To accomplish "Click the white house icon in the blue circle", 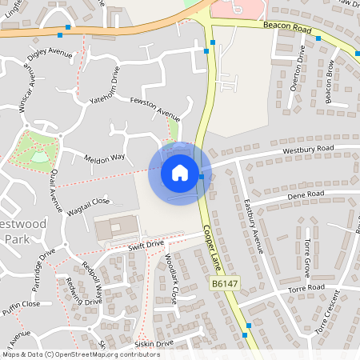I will (180, 172).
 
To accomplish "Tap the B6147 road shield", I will (227, 284).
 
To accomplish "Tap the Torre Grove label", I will (307, 255).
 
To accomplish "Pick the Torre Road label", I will (306, 288).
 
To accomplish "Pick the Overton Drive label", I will (297, 69).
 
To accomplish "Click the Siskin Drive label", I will (154, 344).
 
